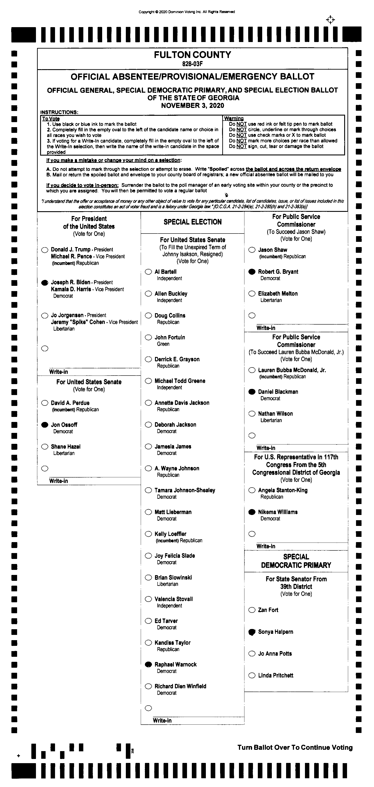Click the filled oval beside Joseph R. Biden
pos(45,283)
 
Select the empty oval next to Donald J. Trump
pos(45,250)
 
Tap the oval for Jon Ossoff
pos(45,425)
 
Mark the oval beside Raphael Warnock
pos(148,664)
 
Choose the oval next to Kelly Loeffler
pos(148,534)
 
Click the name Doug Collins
pos(170,315)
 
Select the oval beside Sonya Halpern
pos(252,632)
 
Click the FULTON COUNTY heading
pos(192,55)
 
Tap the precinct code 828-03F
pos(192,64)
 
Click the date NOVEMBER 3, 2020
pos(192,106)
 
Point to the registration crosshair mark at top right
pos(330,20)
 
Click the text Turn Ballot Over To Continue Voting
pos(295,748)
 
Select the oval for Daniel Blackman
pos(252,392)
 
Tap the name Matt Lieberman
pos(173,512)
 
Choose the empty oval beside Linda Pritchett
pos(252,675)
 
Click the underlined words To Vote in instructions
pos(51,119)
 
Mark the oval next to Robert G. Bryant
pos(252,272)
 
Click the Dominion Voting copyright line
pos(187,12)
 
